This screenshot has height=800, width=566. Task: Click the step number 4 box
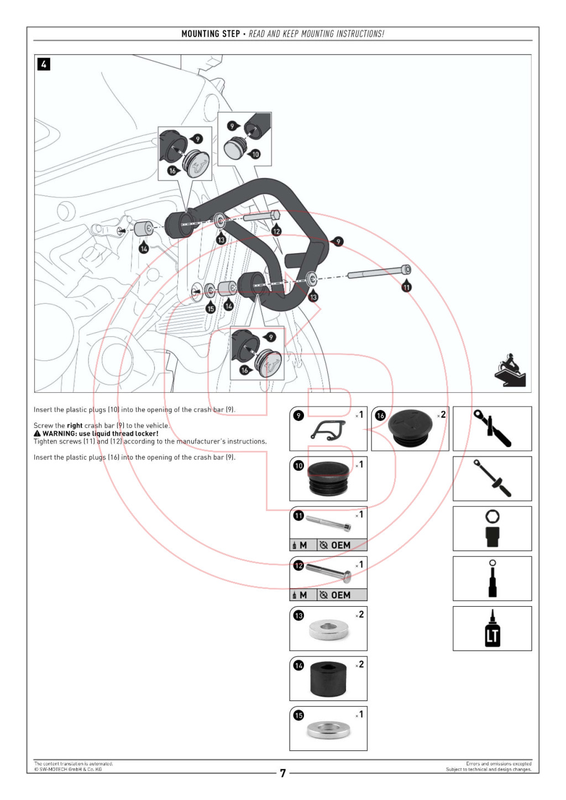(x=44, y=64)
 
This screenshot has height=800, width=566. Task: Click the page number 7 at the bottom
(x=282, y=773)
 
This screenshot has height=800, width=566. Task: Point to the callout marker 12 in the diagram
(x=276, y=231)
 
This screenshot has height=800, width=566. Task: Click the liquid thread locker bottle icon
(x=492, y=629)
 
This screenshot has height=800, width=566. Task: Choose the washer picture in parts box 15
(x=328, y=729)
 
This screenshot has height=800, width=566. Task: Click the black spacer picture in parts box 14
(x=328, y=678)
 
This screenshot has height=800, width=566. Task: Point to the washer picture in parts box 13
(x=328, y=629)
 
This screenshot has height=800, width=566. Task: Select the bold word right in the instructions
(x=75, y=425)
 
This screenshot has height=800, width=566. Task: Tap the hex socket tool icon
(x=492, y=529)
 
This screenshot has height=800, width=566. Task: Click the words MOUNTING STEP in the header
(x=211, y=34)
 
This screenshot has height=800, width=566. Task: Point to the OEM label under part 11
(x=340, y=545)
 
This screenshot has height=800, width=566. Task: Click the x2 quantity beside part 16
(x=442, y=414)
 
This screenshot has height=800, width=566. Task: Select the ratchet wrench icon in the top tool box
(x=492, y=429)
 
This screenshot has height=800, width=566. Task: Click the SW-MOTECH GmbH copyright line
(x=68, y=769)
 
